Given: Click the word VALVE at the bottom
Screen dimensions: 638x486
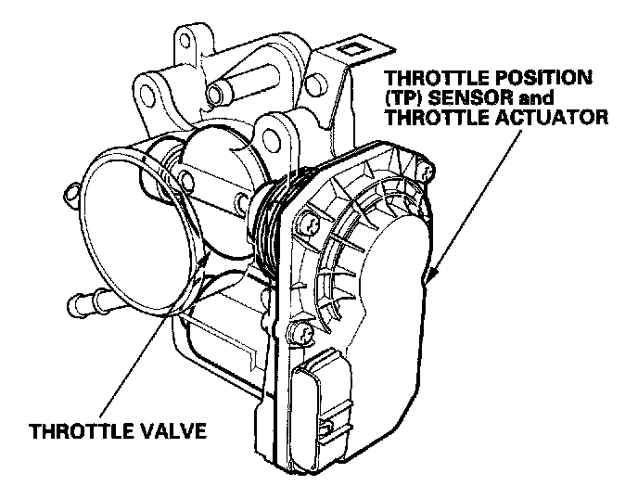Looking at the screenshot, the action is (x=176, y=433).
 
